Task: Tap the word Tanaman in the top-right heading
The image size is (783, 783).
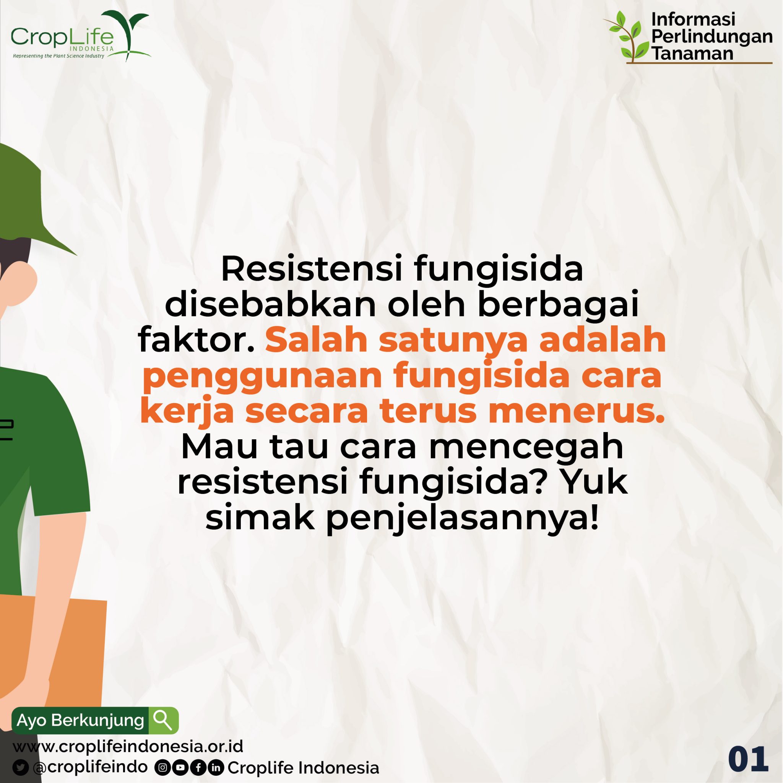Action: point(693,54)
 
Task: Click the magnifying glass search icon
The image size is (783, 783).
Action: point(163,720)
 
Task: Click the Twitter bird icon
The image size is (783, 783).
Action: point(20,767)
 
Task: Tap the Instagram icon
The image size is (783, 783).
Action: point(162,767)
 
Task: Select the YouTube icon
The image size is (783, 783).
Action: point(180,767)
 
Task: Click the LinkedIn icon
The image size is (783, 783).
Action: point(216,767)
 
